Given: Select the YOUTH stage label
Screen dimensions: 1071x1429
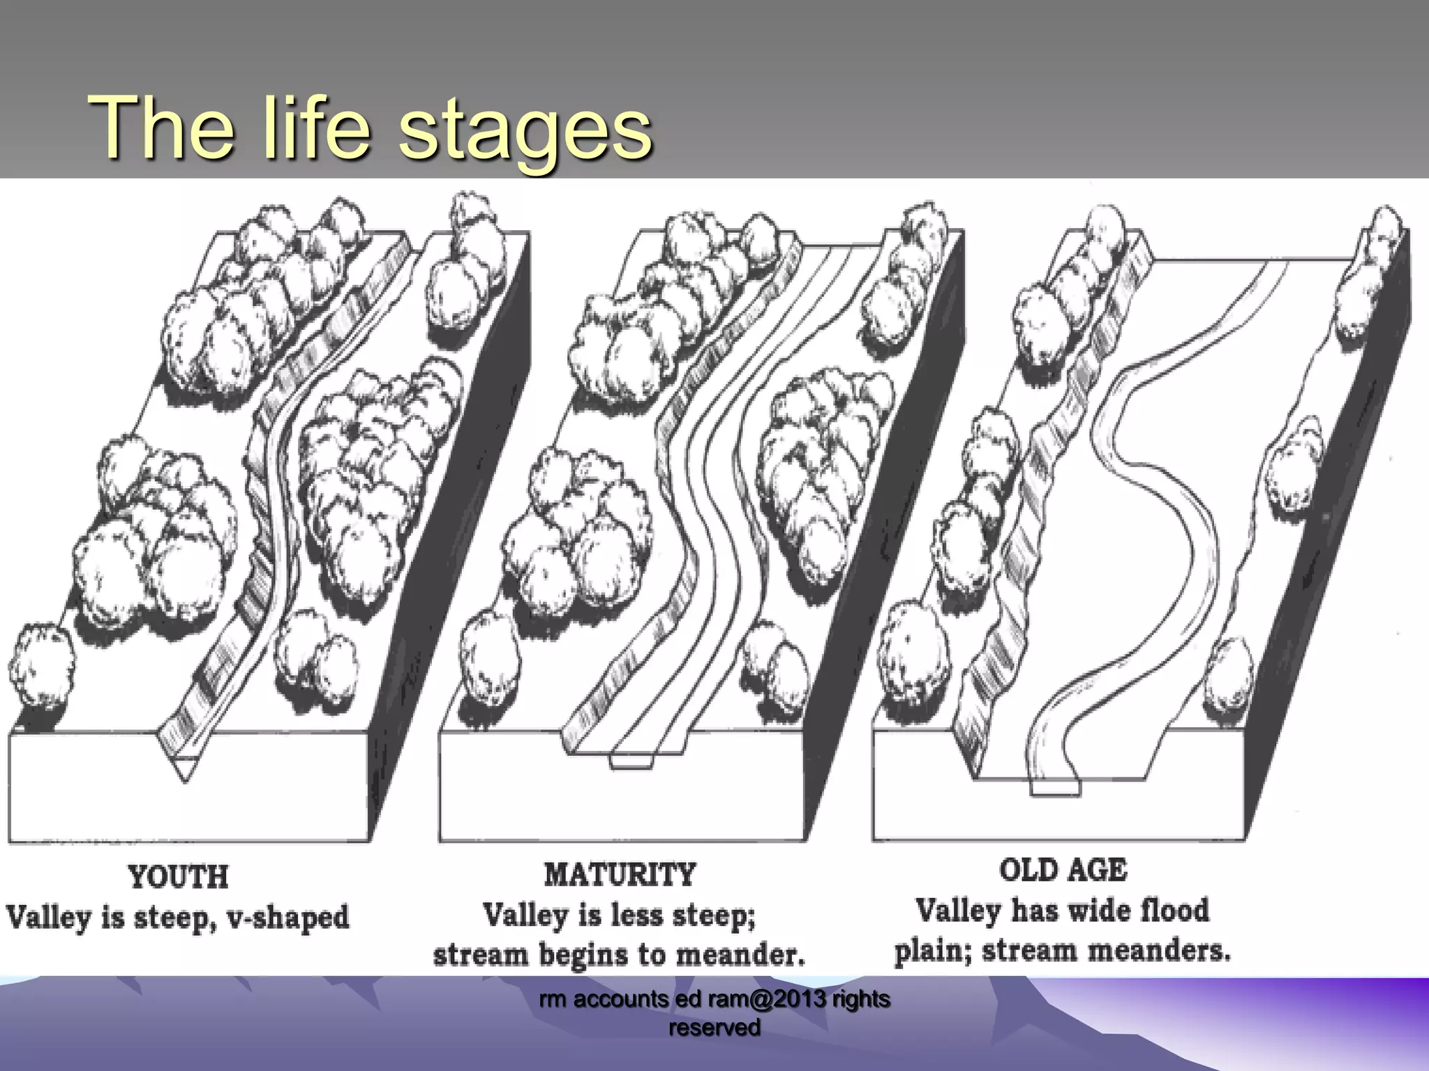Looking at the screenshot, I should pos(178,876).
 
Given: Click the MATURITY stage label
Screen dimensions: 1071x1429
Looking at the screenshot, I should pos(620,874).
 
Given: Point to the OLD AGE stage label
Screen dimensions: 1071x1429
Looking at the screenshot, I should pos(1063,869).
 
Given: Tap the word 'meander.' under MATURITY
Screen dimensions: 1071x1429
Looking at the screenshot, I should pos(740,954).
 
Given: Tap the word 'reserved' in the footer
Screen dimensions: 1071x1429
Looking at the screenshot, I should pos(714,1027).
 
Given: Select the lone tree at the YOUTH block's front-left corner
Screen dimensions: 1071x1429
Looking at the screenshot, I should pos(40,666).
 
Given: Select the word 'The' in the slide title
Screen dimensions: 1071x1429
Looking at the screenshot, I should pos(161,128).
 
